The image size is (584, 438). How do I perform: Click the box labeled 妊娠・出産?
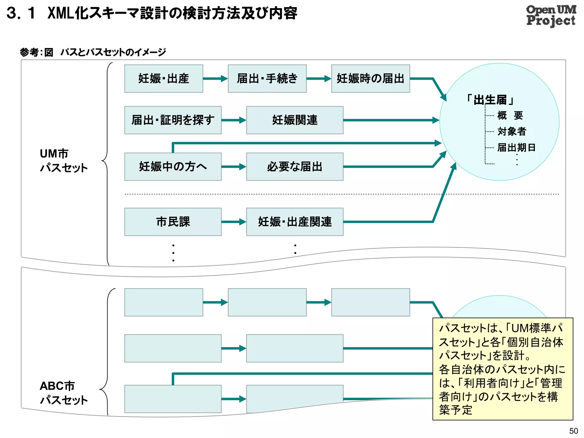click(x=164, y=78)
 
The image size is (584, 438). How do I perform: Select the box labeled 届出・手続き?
click(x=267, y=78)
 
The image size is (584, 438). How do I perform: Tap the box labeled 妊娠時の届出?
click(x=370, y=78)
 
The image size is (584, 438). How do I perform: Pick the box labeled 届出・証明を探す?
click(x=173, y=120)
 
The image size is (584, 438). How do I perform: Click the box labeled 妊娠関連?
click(x=295, y=120)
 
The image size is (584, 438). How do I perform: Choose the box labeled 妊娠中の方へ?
click(x=173, y=167)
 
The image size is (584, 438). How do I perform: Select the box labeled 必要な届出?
click(x=295, y=167)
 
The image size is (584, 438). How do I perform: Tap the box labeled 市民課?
click(x=173, y=222)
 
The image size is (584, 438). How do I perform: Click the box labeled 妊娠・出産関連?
click(x=295, y=222)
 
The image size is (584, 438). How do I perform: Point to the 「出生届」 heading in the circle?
click(x=490, y=100)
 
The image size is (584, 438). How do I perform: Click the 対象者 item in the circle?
click(x=512, y=131)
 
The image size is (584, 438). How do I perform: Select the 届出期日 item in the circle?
click(x=516, y=147)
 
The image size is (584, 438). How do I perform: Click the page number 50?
click(x=573, y=431)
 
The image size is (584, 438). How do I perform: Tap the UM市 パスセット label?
click(x=63, y=161)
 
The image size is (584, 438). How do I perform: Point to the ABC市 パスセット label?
click(x=63, y=393)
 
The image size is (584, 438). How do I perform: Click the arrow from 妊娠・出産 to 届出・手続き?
click(x=215, y=78)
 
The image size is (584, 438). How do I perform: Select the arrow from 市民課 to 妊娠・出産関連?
click(x=234, y=222)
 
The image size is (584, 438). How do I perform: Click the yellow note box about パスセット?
click(x=502, y=368)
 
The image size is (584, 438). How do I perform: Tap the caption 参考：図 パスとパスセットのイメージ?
click(x=93, y=52)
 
